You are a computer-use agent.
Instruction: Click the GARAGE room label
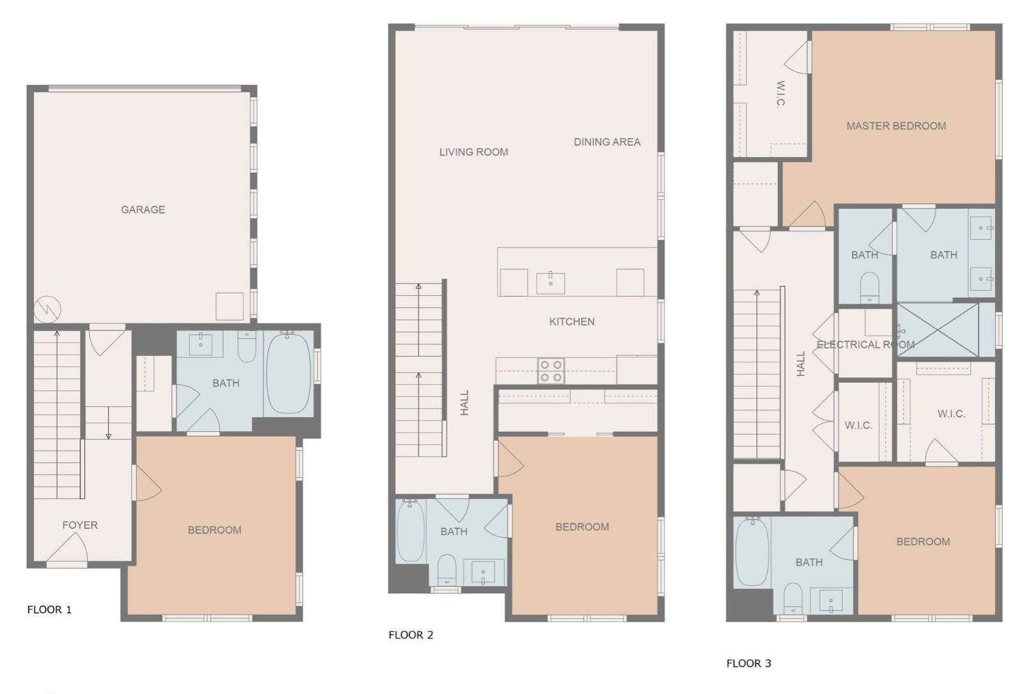coord(143,210)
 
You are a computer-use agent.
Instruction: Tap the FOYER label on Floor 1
coord(80,525)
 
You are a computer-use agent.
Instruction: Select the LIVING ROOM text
coord(474,152)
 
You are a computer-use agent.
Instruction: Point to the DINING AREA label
coord(607,142)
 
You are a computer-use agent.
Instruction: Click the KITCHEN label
coord(572,321)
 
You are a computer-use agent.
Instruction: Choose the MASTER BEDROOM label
coord(896,126)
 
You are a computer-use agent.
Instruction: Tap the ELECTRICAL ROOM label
coord(865,344)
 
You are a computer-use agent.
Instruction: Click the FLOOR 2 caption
coord(411,635)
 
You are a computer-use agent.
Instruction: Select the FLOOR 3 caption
coord(748,663)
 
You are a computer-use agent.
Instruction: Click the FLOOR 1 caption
coord(49,610)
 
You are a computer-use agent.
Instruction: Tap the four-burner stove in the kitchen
coord(551,371)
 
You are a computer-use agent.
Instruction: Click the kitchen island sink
coord(550,283)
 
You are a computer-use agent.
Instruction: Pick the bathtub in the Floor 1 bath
coord(289,373)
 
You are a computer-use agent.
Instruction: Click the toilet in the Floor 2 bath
coord(446,571)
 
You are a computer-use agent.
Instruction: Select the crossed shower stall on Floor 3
coord(938,330)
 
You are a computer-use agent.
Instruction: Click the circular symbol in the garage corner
coord(47,309)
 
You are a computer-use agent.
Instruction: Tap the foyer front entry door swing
coord(67,548)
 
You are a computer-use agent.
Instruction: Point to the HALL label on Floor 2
coord(464,403)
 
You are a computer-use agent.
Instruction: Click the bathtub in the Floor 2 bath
coord(410,531)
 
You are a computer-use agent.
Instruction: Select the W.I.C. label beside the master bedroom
coord(780,94)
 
